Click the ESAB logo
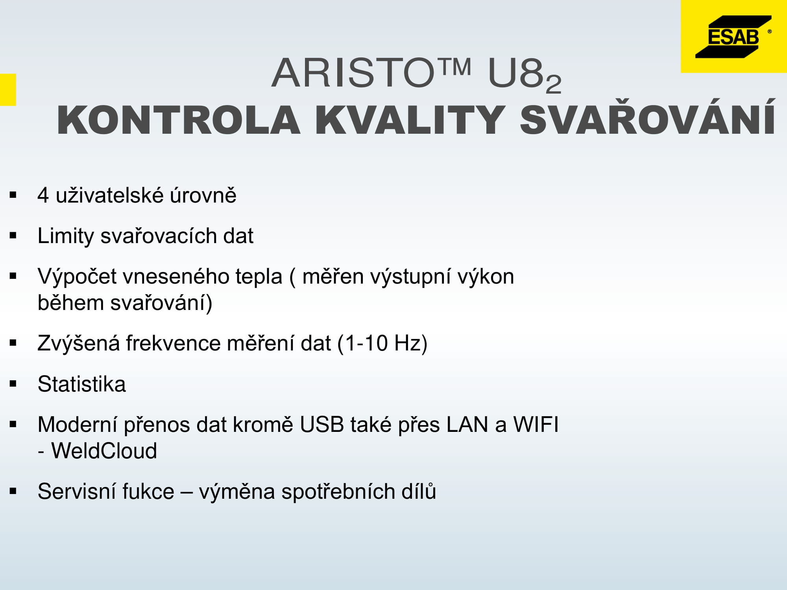pos(733,37)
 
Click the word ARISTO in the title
pos(353,73)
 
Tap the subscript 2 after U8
pos(553,84)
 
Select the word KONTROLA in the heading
pos(179,120)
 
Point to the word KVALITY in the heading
pos(410,120)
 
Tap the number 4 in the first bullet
pos(43,195)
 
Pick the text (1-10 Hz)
pos(382,343)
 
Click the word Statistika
pos(82,384)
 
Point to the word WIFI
pos(536,425)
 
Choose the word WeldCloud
pos(104,451)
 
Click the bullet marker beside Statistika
pos(14,384)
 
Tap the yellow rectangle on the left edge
pos(8,90)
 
